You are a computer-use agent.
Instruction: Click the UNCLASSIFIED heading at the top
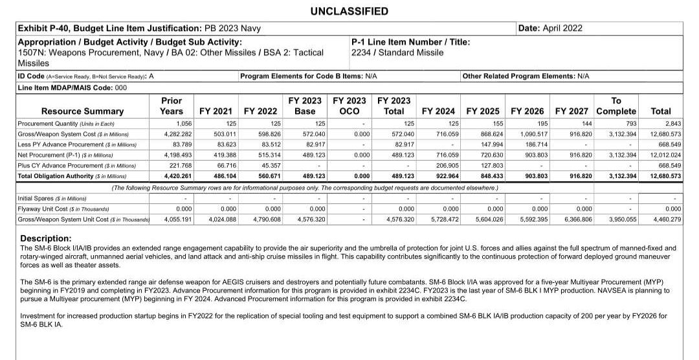[349, 11]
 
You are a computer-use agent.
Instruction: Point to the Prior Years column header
[171, 106]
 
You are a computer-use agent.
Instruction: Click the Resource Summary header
[82, 111]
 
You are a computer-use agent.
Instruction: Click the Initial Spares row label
[52, 198]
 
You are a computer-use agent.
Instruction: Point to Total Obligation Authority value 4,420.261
[177, 175]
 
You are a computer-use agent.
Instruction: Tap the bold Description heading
[46, 238]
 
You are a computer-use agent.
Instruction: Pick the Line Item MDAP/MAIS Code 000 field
[72, 87]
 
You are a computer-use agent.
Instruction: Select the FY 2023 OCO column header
[349, 106]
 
